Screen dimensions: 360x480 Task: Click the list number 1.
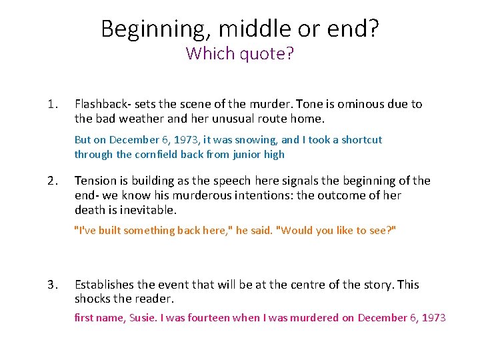53,104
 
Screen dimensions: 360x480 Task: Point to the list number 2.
53,181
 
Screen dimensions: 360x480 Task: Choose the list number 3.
53,285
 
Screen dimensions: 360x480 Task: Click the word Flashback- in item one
103,104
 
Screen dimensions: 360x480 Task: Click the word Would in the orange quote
295,231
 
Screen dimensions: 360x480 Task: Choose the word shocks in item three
93,299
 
